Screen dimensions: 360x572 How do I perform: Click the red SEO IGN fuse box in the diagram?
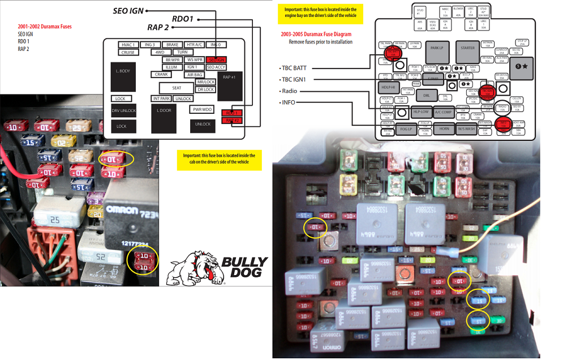pos(216,59)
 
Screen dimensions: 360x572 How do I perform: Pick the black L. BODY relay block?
pos(123,76)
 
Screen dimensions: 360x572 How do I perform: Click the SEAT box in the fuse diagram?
pos(177,88)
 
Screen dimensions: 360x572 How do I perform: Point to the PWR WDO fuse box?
pos(203,109)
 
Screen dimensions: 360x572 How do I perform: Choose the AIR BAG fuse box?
pos(195,75)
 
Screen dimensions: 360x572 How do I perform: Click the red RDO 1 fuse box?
pos(230,113)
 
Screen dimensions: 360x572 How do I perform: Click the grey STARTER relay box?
pos(467,55)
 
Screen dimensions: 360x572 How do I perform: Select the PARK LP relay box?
pos(436,55)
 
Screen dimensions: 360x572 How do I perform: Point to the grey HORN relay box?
pos(444,129)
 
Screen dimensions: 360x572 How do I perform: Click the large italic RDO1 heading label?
pos(182,19)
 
